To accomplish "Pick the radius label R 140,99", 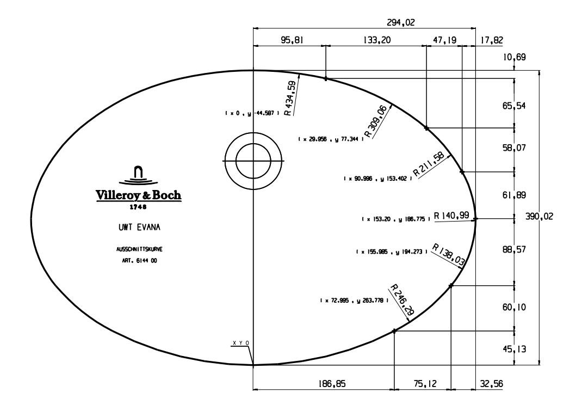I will point(451,216).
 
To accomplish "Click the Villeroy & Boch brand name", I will point(139,195).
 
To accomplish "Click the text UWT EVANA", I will point(138,228).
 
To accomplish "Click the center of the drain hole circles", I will point(253,162).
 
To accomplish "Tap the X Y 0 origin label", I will point(240,343).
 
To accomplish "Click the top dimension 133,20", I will point(376,40).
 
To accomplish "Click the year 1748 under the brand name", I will point(138,207).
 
